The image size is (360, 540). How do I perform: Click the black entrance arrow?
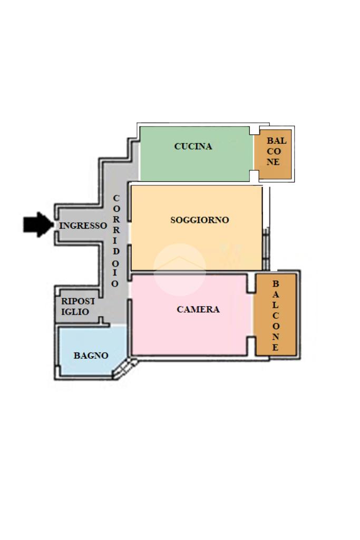38,225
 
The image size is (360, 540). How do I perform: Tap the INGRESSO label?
83,225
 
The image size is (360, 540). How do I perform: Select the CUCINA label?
193,146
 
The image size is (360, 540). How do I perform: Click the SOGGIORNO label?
200,220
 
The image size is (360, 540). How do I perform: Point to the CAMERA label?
198,310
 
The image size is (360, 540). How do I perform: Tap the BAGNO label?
91,356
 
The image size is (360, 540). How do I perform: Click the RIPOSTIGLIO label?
78,307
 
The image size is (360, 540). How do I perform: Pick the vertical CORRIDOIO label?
116,241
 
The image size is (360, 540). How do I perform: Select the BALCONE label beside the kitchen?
274,152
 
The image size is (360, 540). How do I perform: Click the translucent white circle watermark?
179,269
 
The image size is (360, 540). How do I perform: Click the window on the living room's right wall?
266,248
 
